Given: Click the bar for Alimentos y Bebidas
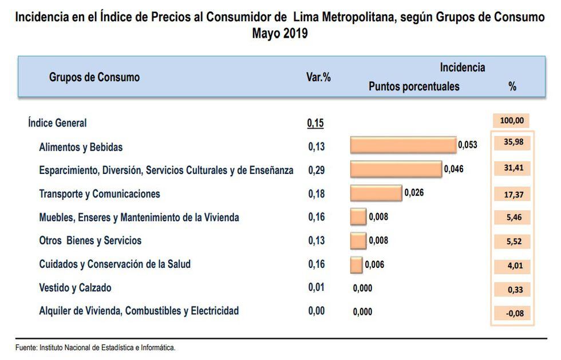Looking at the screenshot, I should [403, 145].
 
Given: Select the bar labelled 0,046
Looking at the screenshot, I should [396, 169].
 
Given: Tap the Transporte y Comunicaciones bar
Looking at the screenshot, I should [376, 193].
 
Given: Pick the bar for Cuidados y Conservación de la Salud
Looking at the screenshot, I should [356, 265].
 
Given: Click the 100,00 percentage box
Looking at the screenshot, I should [511, 121].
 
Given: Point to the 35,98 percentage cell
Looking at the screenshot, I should [512, 143].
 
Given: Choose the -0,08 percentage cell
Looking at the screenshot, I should [512, 313].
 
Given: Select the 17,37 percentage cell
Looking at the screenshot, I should [512, 195].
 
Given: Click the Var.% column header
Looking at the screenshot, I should [319, 77].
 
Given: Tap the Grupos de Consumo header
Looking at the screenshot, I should [94, 77].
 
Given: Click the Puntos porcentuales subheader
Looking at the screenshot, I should [414, 87].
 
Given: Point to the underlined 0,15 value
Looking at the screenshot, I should [315, 123].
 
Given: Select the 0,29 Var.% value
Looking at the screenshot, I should [316, 170].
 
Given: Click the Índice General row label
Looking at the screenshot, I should [57, 122].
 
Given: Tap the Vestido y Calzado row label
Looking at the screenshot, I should [75, 288].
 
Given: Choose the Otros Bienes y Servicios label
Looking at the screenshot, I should [90, 240].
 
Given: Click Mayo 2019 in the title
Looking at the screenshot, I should [280, 34].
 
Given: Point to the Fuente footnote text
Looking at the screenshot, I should [95, 347].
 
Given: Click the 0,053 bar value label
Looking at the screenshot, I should [467, 145].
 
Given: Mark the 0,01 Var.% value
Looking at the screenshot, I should [316, 288].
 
